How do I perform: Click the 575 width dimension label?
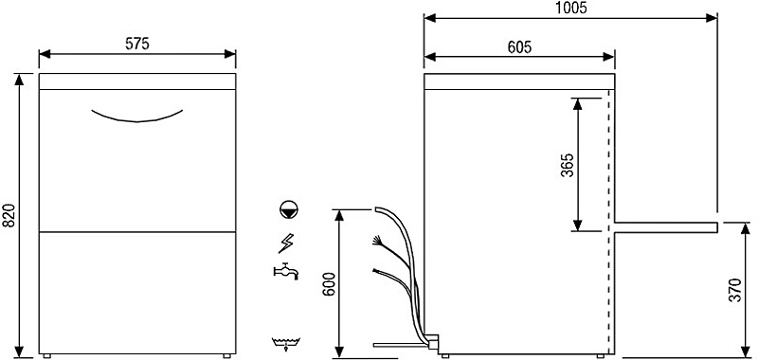click(137, 44)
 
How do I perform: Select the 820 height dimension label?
click(9, 215)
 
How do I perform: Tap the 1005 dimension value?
click(570, 8)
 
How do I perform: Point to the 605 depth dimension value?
click(519, 46)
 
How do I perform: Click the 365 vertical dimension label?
click(567, 165)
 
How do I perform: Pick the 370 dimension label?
click(734, 290)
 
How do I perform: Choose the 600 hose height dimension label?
click(329, 290)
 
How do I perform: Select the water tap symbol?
click(286, 271)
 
